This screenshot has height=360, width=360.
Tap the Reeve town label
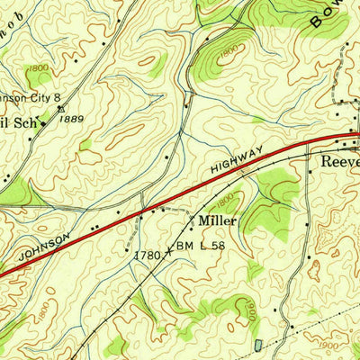point(341,163)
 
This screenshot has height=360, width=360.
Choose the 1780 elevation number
point(148,256)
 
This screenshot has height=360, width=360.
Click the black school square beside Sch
point(42,123)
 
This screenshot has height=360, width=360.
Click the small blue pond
point(258,345)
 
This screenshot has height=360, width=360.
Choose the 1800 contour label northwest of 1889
point(37,68)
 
